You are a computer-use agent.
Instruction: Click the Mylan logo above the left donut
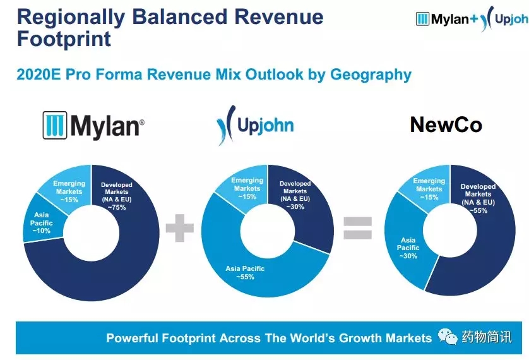click(x=93, y=126)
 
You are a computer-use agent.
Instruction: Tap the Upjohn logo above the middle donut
click(x=255, y=125)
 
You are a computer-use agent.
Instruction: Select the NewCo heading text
click(x=446, y=124)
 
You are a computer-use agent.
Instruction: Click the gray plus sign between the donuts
click(x=180, y=228)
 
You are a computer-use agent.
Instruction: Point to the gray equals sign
click(x=358, y=228)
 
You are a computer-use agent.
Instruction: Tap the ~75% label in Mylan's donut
click(x=117, y=208)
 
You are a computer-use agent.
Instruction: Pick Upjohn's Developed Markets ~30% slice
click(x=304, y=203)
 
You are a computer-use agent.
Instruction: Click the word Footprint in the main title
click(x=64, y=39)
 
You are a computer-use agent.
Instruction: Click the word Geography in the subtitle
click(x=371, y=75)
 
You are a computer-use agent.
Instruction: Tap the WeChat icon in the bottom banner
click(x=448, y=337)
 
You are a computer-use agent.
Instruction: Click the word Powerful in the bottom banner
click(x=132, y=338)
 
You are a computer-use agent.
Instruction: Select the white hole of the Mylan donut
click(x=91, y=233)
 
